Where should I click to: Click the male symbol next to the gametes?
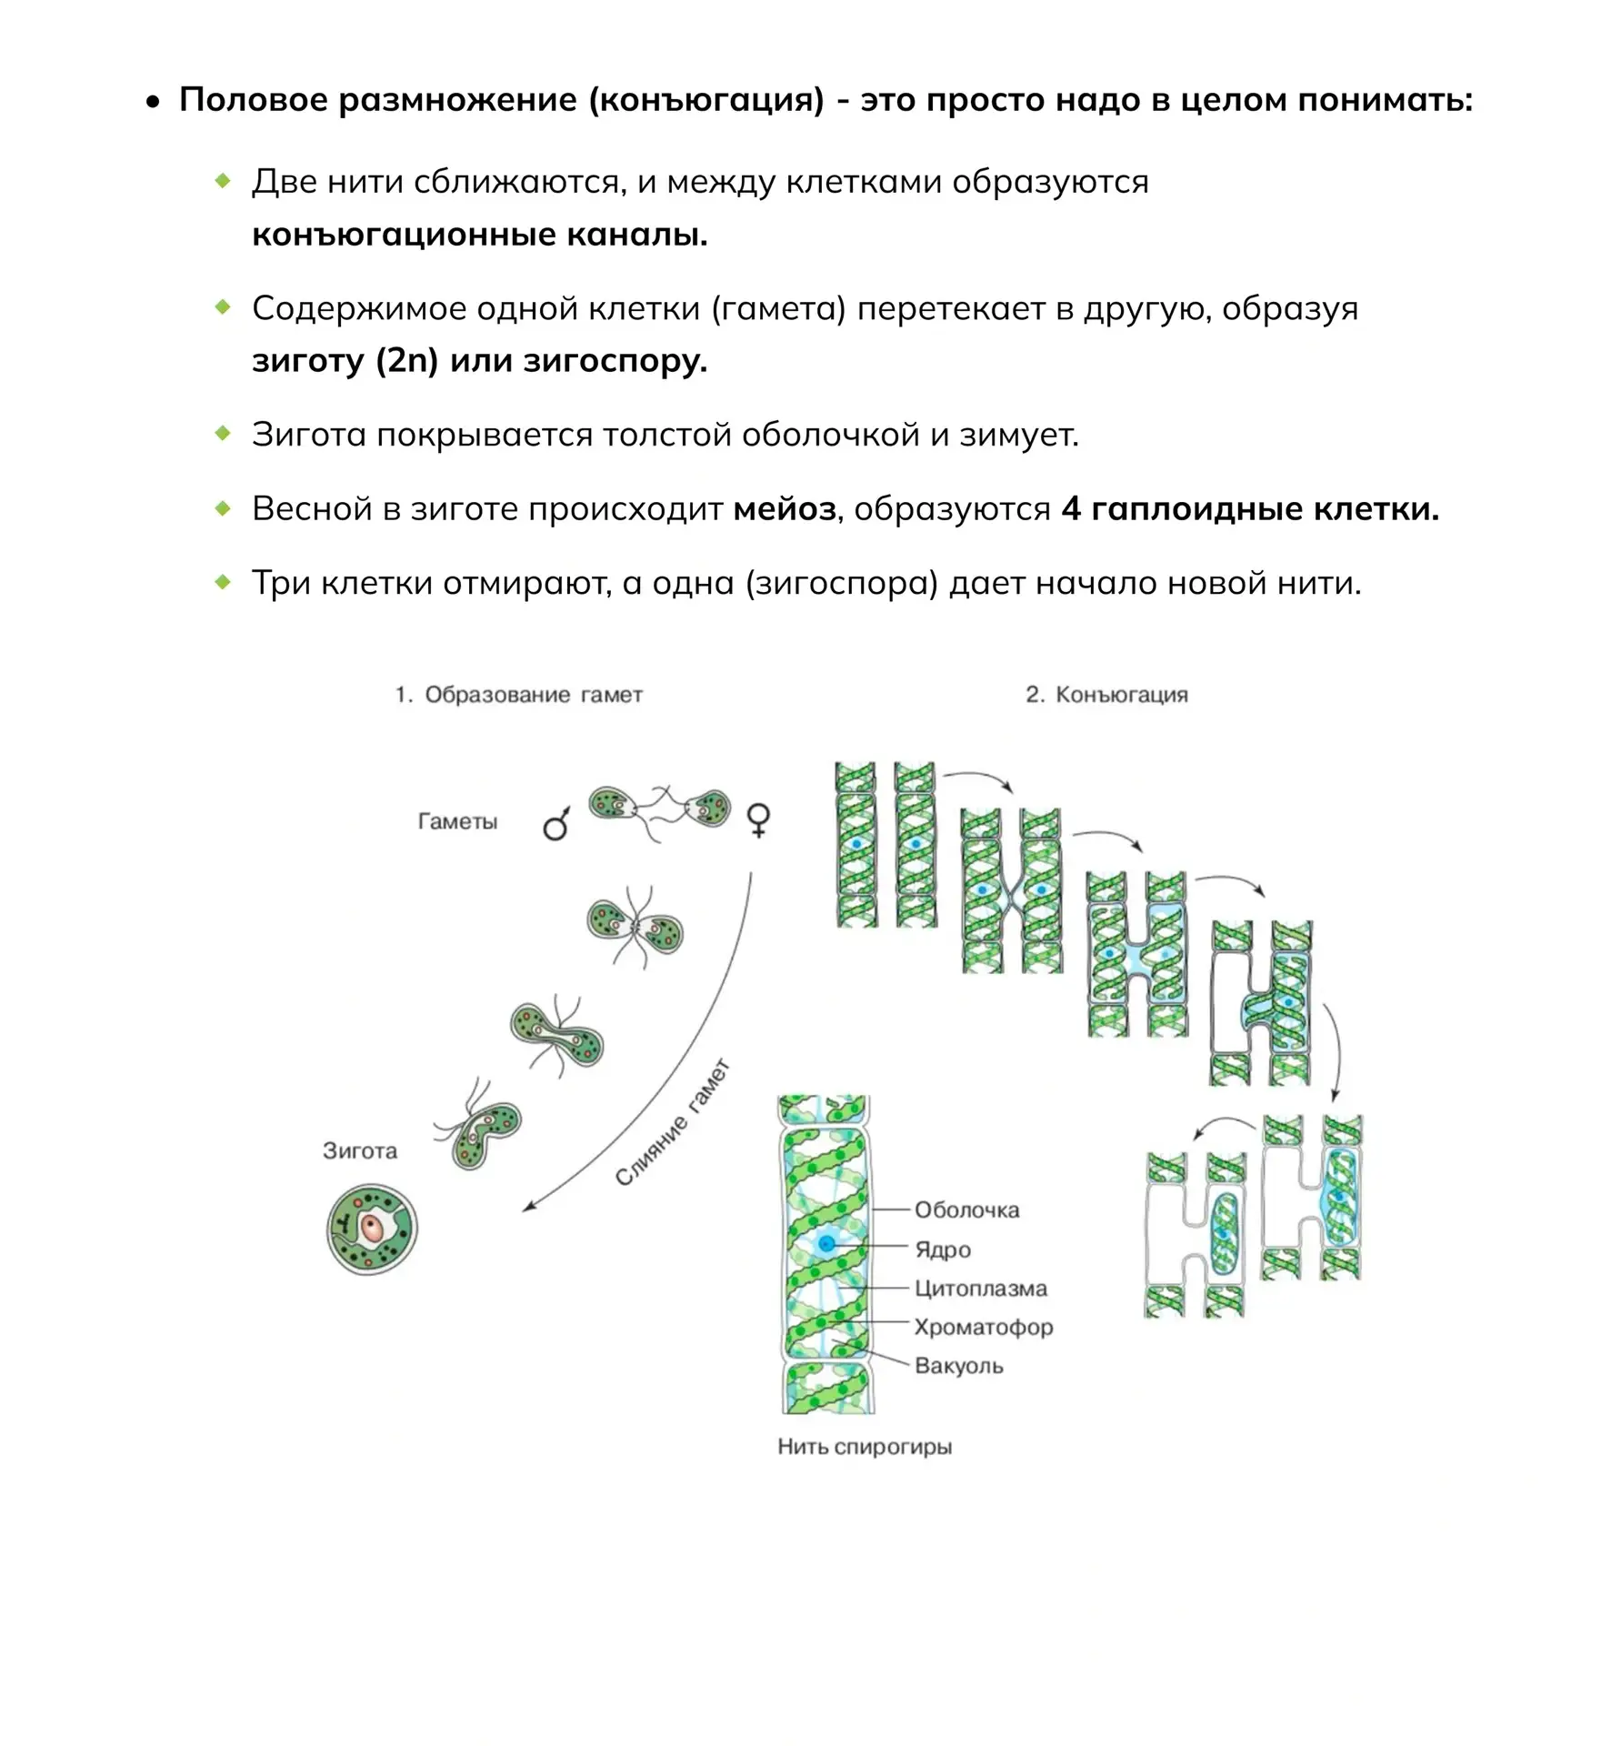point(556,822)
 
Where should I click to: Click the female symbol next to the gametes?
point(758,819)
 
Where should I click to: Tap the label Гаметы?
point(457,821)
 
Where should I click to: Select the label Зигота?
point(360,1150)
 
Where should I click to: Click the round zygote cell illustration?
point(372,1229)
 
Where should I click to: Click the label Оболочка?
point(966,1209)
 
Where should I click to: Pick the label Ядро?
point(943,1249)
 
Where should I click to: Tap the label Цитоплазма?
point(981,1288)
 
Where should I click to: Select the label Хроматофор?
point(984,1327)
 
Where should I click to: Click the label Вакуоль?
point(959,1365)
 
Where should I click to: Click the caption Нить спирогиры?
point(865,1446)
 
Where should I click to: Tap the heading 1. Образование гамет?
point(518,695)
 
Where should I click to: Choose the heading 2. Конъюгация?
point(1106,695)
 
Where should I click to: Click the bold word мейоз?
point(785,508)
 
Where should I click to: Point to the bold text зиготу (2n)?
point(345,361)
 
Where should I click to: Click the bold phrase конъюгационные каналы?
point(480,235)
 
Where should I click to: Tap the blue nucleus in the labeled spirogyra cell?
point(826,1243)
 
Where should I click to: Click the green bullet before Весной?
point(223,507)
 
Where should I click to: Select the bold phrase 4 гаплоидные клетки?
point(1251,508)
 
